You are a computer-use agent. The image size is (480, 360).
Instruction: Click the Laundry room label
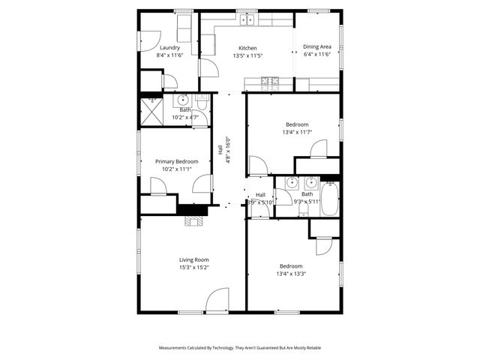tap(170, 48)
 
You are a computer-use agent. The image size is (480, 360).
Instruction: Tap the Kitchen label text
tap(247, 48)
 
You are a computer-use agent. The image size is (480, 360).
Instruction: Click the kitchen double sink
tap(248, 19)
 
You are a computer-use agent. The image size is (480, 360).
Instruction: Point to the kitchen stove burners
tap(269, 80)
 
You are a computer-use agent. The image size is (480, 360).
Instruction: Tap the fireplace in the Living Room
tap(195, 220)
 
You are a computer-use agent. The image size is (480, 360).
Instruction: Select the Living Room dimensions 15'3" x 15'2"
tap(193, 267)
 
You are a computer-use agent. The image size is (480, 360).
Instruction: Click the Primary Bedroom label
tap(176, 161)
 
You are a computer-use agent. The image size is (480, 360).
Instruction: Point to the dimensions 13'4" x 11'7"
tap(296, 132)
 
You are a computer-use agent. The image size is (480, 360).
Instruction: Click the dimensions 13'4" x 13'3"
tap(292, 274)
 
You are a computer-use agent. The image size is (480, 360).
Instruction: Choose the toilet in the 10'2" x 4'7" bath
tap(202, 100)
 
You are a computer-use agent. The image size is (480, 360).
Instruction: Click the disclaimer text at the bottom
tap(239, 348)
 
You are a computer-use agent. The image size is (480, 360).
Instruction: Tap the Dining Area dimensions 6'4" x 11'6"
tap(317, 55)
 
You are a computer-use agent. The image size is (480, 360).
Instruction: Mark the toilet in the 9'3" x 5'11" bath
tap(310, 182)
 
